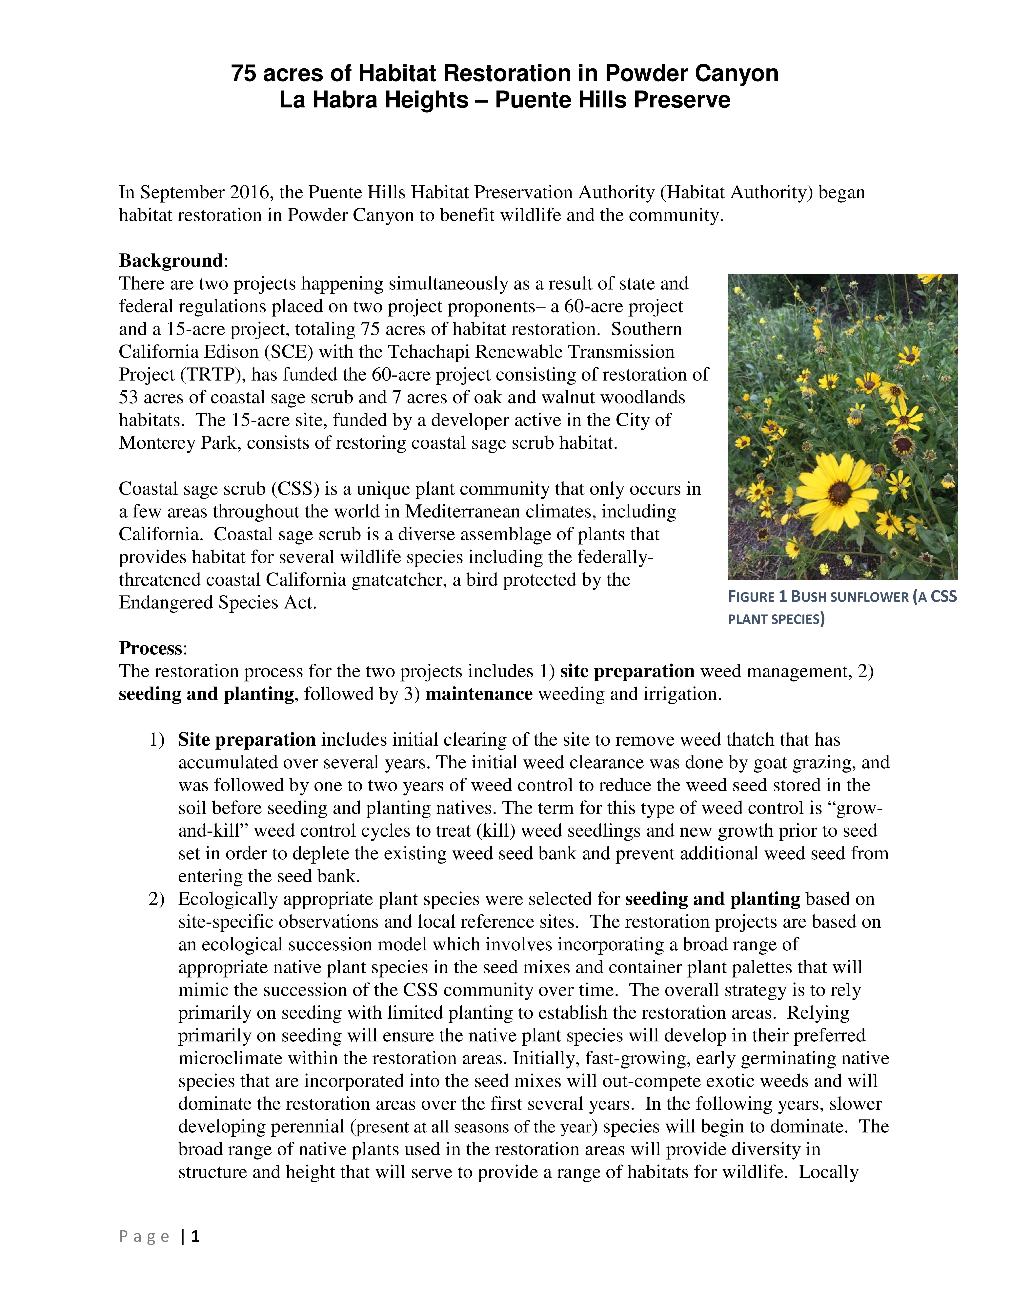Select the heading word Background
[x=171, y=261]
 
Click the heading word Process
[x=150, y=648]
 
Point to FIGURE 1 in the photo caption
[x=757, y=597]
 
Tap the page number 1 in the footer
[x=195, y=1236]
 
